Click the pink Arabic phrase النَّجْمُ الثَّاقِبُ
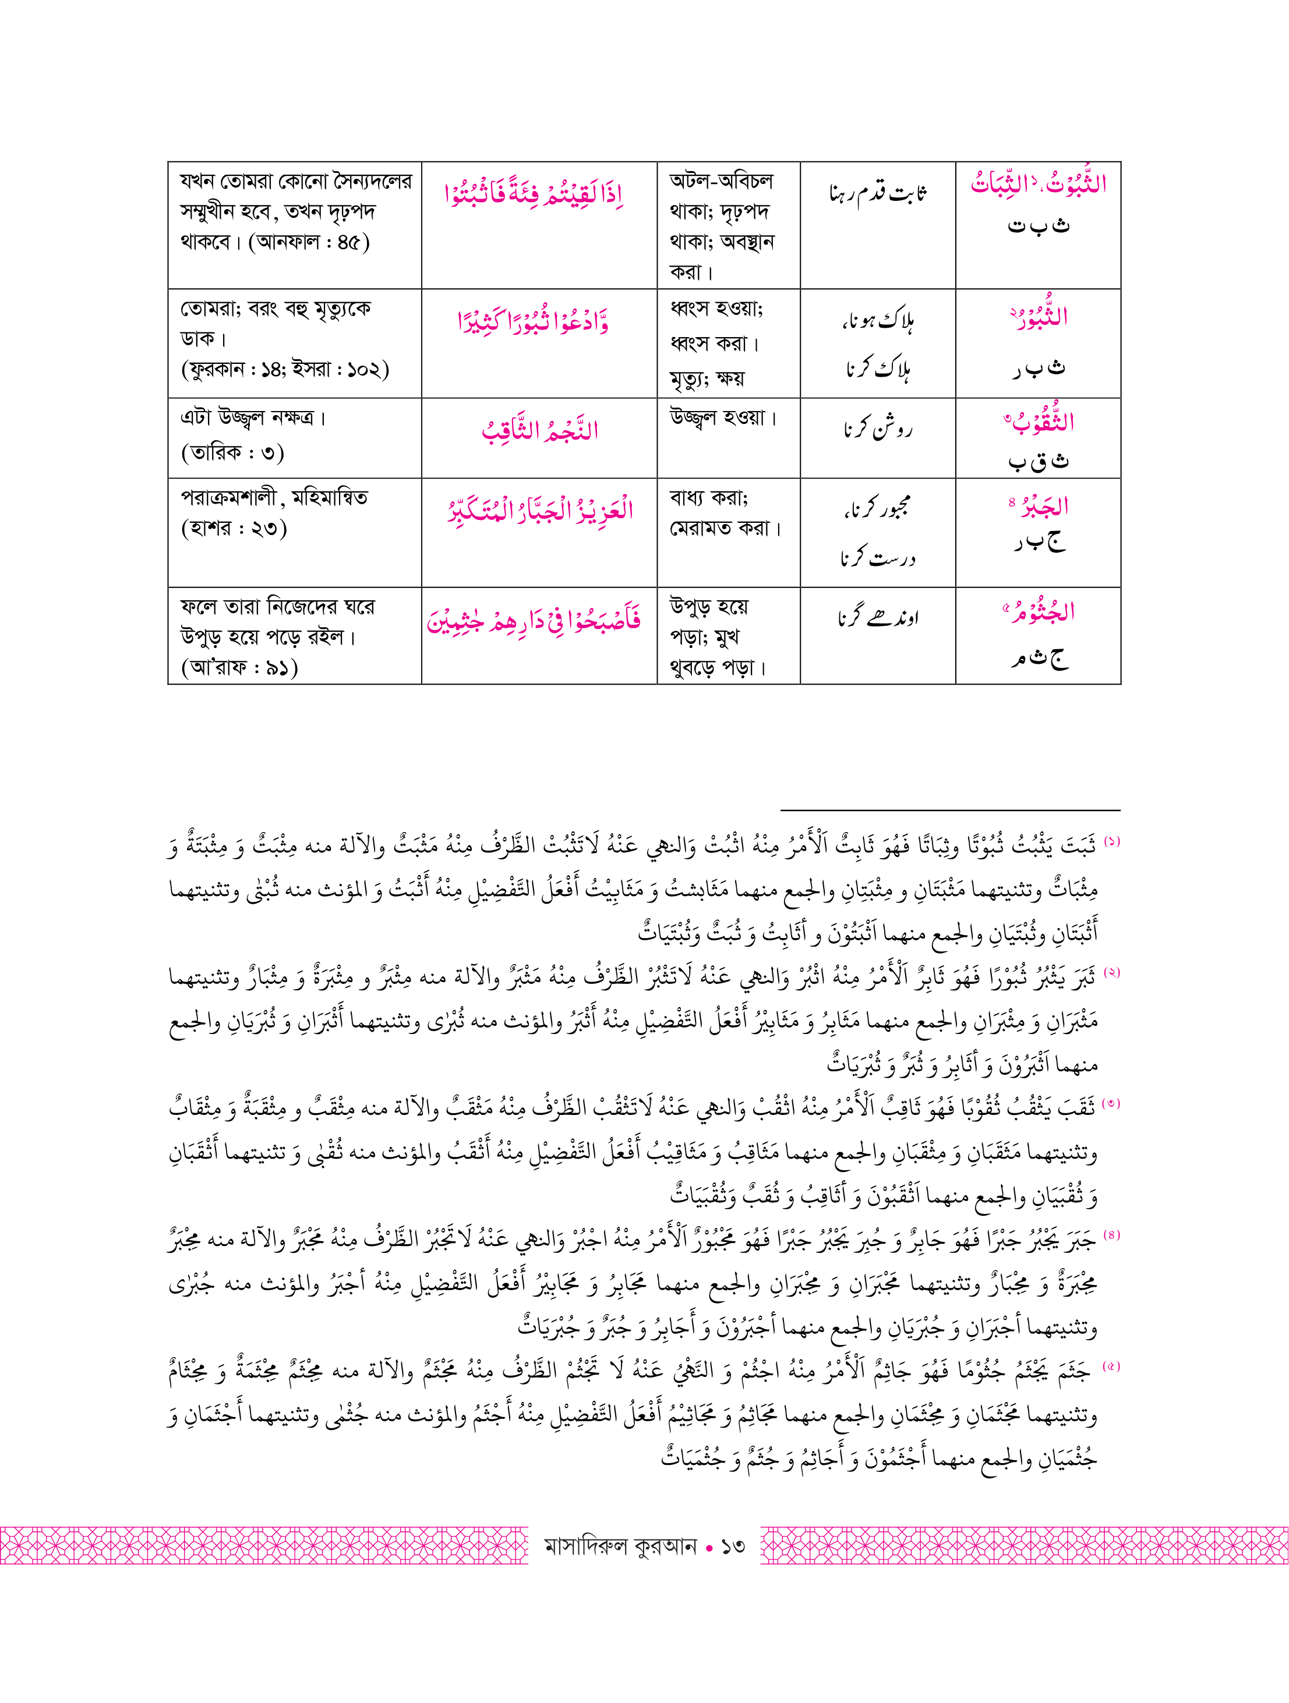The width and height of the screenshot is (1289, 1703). [540, 430]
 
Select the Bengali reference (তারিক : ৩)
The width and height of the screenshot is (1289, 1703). [232, 452]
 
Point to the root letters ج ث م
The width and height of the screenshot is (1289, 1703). [1039, 658]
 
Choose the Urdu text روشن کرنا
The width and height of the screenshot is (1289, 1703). [877, 429]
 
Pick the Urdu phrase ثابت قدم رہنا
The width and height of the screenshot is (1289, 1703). [878, 193]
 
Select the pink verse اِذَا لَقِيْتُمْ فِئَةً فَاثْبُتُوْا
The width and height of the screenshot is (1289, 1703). [534, 193]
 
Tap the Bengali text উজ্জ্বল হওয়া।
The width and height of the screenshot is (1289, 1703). [723, 418]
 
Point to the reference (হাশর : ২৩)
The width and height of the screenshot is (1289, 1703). [234, 529]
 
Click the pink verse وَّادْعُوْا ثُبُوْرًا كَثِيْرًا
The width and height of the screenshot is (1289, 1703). [534, 321]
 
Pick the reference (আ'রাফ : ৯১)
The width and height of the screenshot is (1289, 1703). [239, 667]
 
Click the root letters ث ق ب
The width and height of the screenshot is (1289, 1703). [1038, 461]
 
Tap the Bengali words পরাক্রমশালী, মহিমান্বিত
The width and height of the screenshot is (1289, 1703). [274, 498]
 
